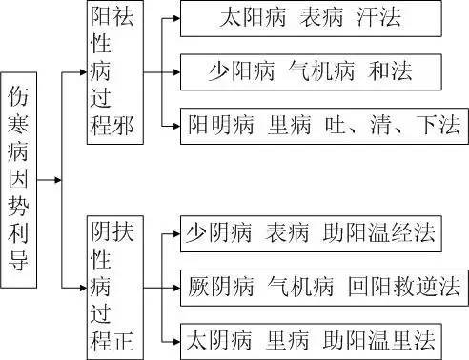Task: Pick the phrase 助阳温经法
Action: tap(375, 231)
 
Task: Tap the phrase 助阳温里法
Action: tap(375, 338)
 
